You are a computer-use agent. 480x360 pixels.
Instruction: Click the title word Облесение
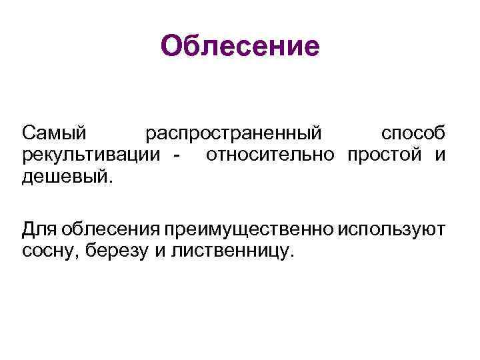point(241,47)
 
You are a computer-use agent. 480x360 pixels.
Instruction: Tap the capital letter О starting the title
point(172,47)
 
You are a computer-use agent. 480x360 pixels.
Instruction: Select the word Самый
point(54,133)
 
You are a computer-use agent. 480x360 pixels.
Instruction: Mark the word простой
point(387,156)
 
